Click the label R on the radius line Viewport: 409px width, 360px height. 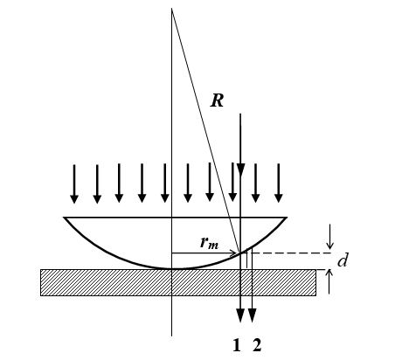218,101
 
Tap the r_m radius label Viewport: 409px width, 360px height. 209,242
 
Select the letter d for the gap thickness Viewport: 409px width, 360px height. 343,260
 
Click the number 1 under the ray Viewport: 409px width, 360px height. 237,345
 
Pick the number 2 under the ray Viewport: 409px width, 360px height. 257,345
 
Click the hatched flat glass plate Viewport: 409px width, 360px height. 178,282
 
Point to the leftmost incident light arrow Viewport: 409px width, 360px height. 74,183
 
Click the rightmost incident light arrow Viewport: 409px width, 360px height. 279,183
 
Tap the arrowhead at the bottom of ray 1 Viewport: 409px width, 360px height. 240,315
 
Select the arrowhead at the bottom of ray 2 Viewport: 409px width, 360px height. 252,315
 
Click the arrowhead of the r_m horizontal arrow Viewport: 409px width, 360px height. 234,253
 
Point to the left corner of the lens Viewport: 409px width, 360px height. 64,218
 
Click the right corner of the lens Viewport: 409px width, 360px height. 287,218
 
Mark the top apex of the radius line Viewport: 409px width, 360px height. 172,9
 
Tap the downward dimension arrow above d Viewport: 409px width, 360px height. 329,237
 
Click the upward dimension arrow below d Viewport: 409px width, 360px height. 329,281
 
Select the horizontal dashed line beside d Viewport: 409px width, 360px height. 291,253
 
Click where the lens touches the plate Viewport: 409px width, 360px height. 172,268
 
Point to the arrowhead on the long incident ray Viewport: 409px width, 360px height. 240,170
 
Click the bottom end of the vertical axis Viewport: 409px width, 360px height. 172,336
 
